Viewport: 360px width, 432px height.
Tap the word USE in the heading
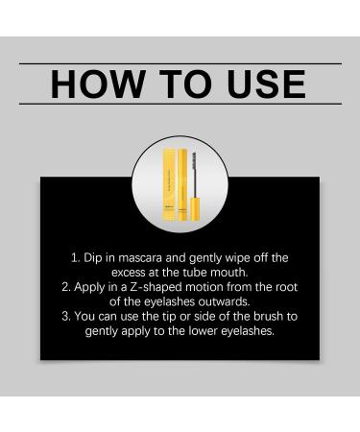click(261, 84)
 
